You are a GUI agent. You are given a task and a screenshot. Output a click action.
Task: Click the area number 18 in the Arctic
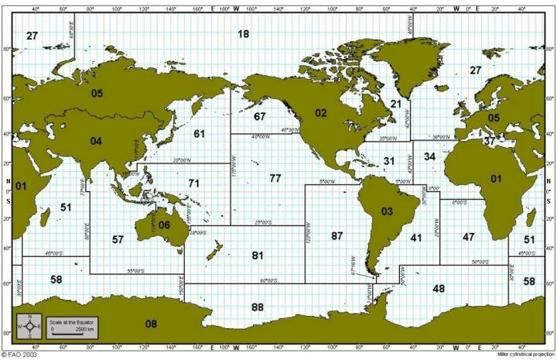tap(244, 34)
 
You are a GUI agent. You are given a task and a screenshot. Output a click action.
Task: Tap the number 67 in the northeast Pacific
tap(260, 117)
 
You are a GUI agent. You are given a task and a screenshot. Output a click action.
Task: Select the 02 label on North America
tap(320, 113)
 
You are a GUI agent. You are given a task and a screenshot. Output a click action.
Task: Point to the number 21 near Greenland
tap(396, 104)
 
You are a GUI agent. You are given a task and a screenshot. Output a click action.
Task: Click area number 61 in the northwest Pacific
tap(200, 134)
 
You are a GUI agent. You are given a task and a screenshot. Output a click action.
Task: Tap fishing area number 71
tap(194, 183)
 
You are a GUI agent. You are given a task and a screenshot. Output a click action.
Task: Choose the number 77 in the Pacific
tap(275, 178)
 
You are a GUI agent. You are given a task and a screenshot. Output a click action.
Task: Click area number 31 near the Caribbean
tap(389, 160)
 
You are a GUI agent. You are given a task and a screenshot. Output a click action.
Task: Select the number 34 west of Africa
tap(430, 157)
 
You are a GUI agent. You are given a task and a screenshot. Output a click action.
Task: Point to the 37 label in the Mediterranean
tap(489, 142)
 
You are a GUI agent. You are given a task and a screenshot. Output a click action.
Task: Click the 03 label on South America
tap(388, 211)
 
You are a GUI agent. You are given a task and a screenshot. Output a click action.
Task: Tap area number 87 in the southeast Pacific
tap(337, 235)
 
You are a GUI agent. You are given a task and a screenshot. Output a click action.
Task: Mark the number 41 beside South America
tap(416, 238)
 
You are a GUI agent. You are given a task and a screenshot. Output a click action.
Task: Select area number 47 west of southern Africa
tap(469, 236)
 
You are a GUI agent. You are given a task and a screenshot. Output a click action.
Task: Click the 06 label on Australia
tap(164, 225)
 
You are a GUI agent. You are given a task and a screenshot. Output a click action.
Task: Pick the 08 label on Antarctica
tap(151, 324)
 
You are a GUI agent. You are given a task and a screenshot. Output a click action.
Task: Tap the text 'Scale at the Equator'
tap(68, 320)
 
